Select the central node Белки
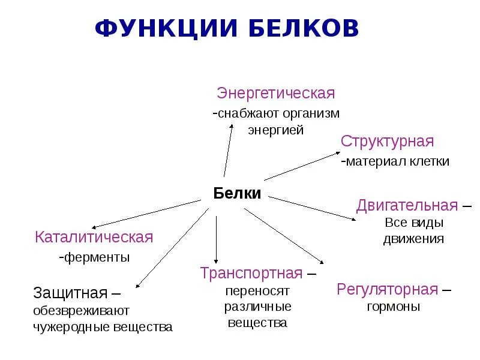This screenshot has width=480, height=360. (x=237, y=193)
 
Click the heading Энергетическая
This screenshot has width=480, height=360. (x=275, y=94)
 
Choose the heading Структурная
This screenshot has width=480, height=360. (x=387, y=142)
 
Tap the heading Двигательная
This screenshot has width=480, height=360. (x=407, y=206)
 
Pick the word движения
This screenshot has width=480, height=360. (x=413, y=238)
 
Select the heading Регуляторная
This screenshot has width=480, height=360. (x=387, y=290)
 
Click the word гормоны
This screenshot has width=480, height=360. (x=393, y=307)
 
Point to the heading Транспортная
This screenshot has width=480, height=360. (x=251, y=274)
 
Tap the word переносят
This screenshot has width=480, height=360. (x=258, y=291)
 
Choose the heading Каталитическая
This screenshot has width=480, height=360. (x=94, y=237)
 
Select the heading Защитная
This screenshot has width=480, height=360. (x=70, y=293)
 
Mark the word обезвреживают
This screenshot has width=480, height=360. (x=81, y=311)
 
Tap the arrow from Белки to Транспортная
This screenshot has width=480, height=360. (x=216, y=234)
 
